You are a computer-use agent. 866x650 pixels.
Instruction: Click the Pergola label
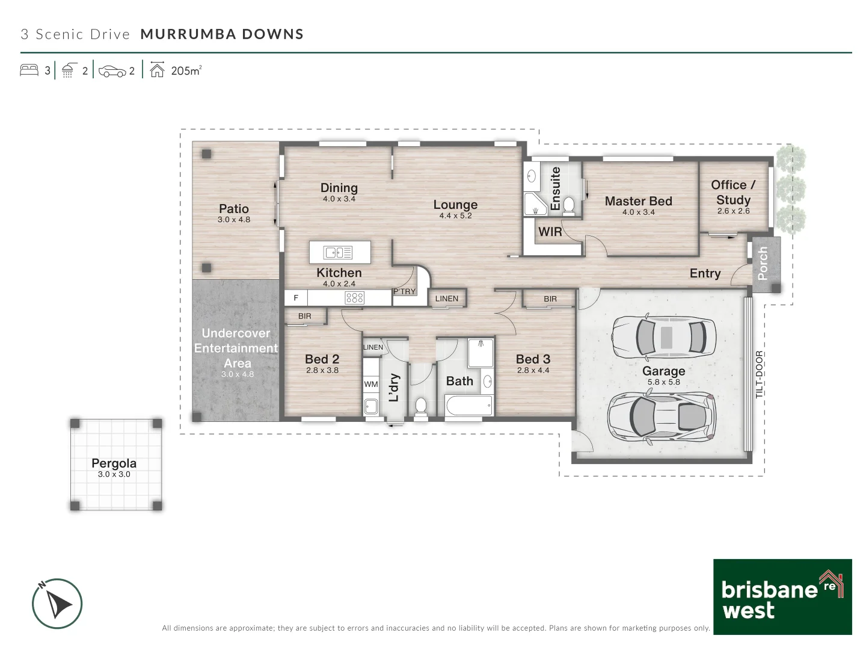(114, 463)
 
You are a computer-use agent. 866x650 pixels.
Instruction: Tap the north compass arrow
(57, 603)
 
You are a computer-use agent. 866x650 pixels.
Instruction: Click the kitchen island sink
(337, 252)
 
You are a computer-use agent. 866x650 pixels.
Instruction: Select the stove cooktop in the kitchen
(354, 297)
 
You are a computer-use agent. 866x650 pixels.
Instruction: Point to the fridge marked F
(296, 298)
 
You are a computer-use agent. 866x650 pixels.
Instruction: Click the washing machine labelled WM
(371, 384)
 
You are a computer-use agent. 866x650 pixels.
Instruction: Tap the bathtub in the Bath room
(468, 405)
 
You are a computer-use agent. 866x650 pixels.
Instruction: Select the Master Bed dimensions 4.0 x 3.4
(638, 212)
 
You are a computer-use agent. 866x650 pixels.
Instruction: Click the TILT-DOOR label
(759, 374)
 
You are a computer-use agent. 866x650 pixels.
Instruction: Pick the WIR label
(550, 232)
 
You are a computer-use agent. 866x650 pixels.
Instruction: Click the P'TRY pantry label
(404, 291)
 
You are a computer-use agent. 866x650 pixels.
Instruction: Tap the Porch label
(762, 263)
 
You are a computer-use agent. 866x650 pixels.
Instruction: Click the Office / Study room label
(734, 192)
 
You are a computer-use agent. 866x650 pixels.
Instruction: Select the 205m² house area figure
(186, 70)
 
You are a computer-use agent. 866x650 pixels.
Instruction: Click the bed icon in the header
(29, 70)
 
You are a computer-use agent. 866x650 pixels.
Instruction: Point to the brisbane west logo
(782, 596)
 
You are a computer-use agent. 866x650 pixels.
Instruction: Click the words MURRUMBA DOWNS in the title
(222, 34)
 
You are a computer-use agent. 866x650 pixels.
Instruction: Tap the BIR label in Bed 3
(550, 299)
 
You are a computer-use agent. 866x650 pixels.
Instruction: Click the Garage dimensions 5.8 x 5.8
(663, 382)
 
